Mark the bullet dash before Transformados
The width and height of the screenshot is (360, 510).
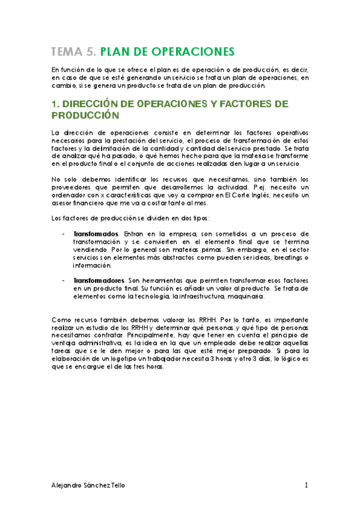(64, 233)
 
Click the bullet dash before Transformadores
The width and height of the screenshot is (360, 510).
(64, 280)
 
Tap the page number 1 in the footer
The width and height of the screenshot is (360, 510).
(306, 485)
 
